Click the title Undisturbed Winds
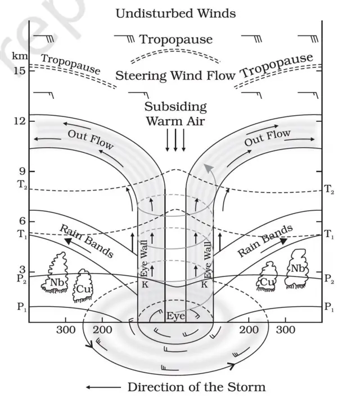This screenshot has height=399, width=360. tap(175, 13)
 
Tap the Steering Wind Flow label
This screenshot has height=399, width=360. tap(175, 75)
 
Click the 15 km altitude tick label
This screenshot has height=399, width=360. tap(19, 71)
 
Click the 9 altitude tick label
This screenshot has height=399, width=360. tap(21, 171)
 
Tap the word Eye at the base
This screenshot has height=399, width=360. tap(175, 316)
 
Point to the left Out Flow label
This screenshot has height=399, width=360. tap(90, 139)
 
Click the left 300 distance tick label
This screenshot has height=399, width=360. tap(66, 329)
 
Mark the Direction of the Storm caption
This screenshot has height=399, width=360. tap(196, 387)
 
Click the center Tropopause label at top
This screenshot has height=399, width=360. tap(175, 39)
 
